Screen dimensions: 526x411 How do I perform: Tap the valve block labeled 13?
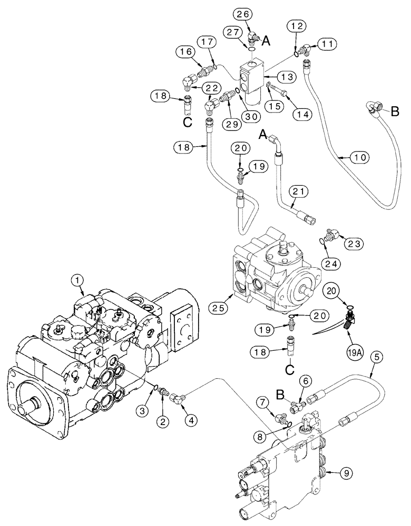(252, 79)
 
